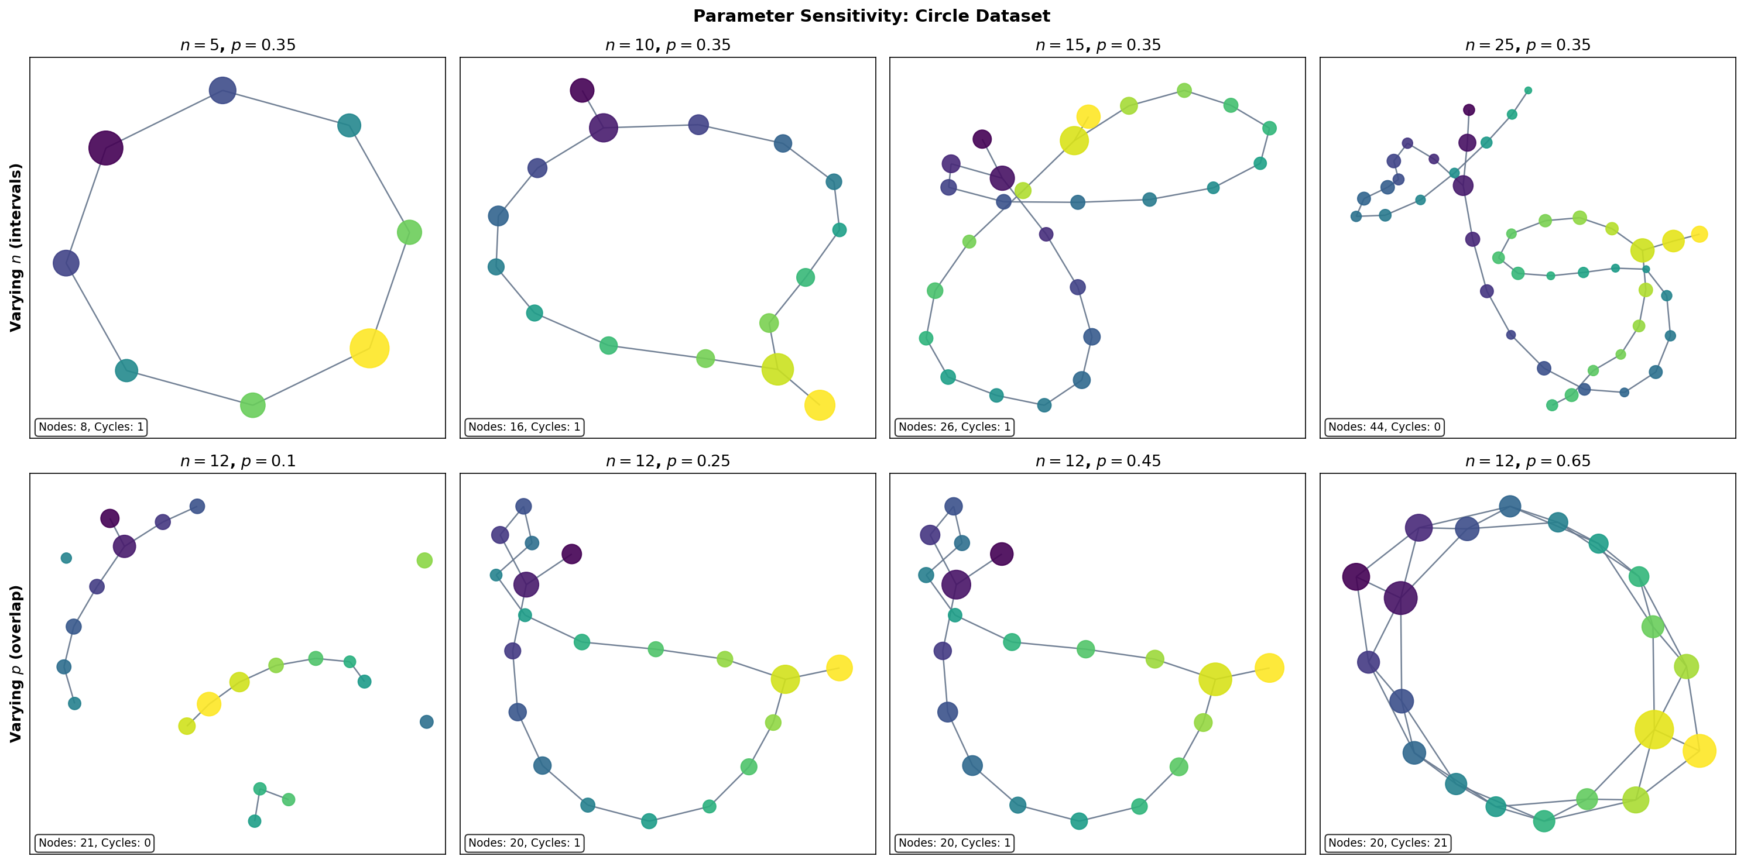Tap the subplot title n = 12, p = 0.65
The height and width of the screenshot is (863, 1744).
pyautogui.click(x=1527, y=461)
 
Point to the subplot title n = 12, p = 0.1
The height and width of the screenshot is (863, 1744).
pyautogui.click(x=238, y=461)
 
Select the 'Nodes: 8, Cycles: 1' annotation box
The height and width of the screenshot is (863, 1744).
pyautogui.click(x=91, y=427)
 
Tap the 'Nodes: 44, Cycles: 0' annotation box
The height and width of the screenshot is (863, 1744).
pyautogui.click(x=1384, y=427)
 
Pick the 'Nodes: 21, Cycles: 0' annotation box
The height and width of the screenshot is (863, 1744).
pyautogui.click(x=94, y=843)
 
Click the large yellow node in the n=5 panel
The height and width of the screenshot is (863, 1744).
pyautogui.click(x=369, y=349)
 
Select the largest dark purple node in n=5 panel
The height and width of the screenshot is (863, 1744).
pyautogui.click(x=105, y=147)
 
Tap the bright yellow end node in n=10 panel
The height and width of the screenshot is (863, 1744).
pyautogui.click(x=819, y=405)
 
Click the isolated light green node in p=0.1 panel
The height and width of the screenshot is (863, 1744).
pyautogui.click(x=424, y=560)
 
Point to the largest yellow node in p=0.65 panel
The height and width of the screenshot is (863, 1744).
pyautogui.click(x=1654, y=730)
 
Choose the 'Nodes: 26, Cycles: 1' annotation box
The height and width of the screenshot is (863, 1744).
pyautogui.click(x=954, y=427)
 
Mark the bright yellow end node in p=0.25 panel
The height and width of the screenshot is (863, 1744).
pyautogui.click(x=839, y=668)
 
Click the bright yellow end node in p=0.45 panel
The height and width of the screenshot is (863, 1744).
pyautogui.click(x=1269, y=668)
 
